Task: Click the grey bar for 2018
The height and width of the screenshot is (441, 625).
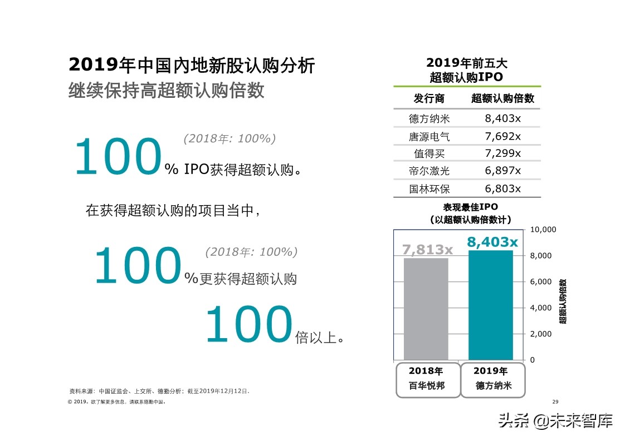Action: pos(426,309)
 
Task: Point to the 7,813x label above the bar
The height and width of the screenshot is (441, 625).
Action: pos(427,250)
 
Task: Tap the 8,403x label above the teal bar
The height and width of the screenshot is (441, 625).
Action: pos(492,242)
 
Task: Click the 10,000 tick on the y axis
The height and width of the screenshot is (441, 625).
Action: pos(543,230)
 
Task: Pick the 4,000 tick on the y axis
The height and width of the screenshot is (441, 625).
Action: pos(540,308)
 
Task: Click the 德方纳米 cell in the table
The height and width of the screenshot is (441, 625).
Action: pos(429,118)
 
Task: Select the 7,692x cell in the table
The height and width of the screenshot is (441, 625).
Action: pos(502,136)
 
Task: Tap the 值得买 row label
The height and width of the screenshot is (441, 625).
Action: pos(429,153)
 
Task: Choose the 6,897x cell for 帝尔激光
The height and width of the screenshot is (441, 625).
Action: pos(502,171)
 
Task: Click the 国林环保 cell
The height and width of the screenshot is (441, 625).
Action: pos(429,189)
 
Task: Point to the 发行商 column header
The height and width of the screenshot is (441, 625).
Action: pos(429,98)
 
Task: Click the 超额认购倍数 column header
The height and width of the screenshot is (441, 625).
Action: pos(502,98)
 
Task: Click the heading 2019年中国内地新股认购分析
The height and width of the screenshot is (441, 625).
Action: pos(192,66)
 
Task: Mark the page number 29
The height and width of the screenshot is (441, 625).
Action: pos(554,402)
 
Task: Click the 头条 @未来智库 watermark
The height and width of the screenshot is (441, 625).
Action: pos(555,421)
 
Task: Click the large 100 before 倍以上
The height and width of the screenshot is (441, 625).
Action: pos(248,325)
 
